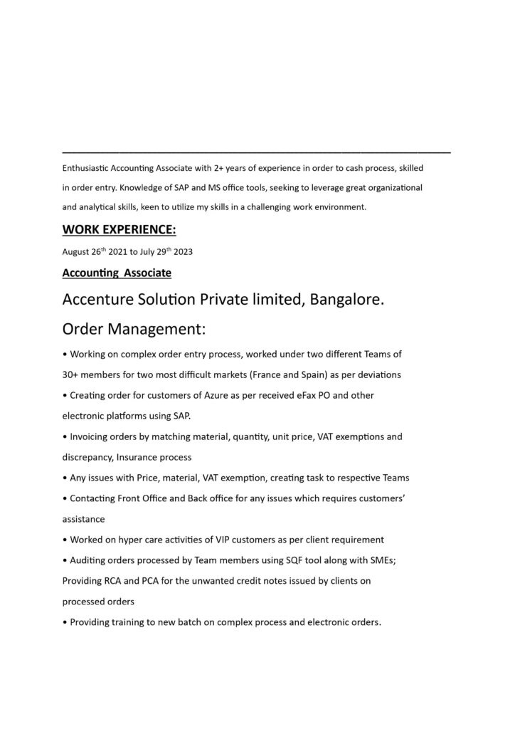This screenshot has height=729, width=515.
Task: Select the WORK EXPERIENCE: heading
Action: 119,229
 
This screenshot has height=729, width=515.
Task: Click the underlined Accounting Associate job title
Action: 117,273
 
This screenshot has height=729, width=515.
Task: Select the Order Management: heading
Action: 134,330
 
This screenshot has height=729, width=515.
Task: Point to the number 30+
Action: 71,374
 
